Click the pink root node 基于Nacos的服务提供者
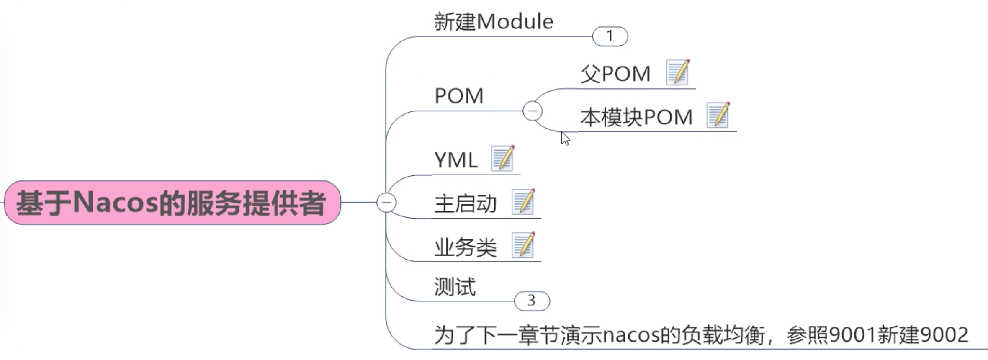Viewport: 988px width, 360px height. pos(172,203)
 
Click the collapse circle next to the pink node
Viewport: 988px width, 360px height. pos(386,203)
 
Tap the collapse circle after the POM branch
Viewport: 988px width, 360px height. pos(533,111)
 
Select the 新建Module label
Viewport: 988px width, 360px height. pos(493,22)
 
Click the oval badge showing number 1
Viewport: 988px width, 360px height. pos(610,36)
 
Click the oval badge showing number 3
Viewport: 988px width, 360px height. pos(532,301)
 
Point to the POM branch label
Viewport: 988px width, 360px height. pos(459,96)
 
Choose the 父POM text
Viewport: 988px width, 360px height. pos(615,74)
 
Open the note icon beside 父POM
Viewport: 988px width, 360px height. pos(678,72)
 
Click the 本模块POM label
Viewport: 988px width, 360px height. pos(636,117)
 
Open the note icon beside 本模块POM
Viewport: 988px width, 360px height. pos(718,115)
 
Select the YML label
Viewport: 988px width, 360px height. pos(456,160)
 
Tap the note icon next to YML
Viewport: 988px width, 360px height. pos(502,158)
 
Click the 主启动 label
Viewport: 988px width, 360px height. pos(465,204)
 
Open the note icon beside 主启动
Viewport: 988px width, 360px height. pos(523,202)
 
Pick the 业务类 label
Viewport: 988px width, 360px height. pos(465,247)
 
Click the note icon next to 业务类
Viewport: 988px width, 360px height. pos(523,245)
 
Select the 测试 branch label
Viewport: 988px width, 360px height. pos(455,287)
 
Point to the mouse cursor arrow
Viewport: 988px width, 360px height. pos(565,138)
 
